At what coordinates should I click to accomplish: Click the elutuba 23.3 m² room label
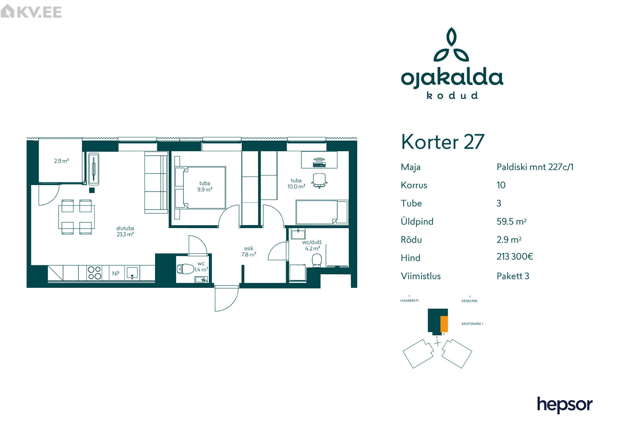125,231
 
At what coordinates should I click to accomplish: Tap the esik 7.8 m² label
249,252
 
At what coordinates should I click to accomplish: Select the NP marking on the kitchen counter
116,274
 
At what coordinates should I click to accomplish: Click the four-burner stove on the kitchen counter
94,273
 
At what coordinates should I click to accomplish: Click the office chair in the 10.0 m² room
319,180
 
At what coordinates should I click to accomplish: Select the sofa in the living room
156,183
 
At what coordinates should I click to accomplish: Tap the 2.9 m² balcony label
61,161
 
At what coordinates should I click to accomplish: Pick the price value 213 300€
515,256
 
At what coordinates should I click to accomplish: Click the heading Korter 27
443,142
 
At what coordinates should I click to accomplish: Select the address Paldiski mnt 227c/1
535,167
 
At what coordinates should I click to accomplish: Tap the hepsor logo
565,405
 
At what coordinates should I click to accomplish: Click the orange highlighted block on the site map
444,324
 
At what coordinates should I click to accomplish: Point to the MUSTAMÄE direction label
472,324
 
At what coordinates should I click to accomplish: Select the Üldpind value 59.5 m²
511,222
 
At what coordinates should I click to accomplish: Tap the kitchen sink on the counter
132,273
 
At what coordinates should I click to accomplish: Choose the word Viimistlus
420,276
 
